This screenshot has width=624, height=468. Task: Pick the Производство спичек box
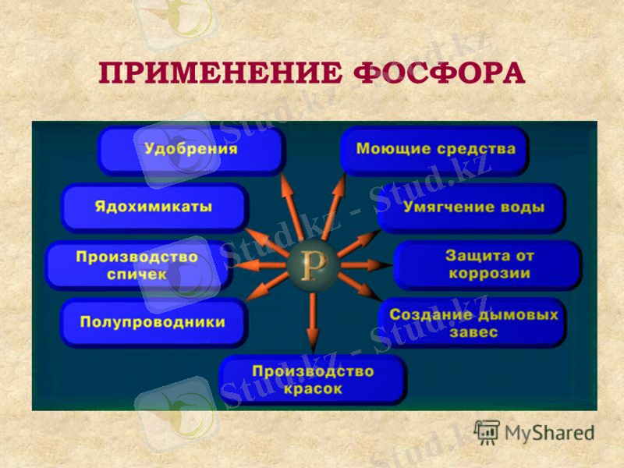click(137, 266)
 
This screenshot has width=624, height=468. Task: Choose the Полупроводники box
click(153, 322)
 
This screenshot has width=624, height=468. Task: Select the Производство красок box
click(313, 380)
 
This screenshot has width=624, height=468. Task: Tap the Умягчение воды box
click(471, 208)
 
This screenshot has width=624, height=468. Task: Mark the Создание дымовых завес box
click(473, 322)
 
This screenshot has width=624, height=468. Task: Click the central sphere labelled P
click(313, 265)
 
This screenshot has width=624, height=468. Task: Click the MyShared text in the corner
click(549, 434)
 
